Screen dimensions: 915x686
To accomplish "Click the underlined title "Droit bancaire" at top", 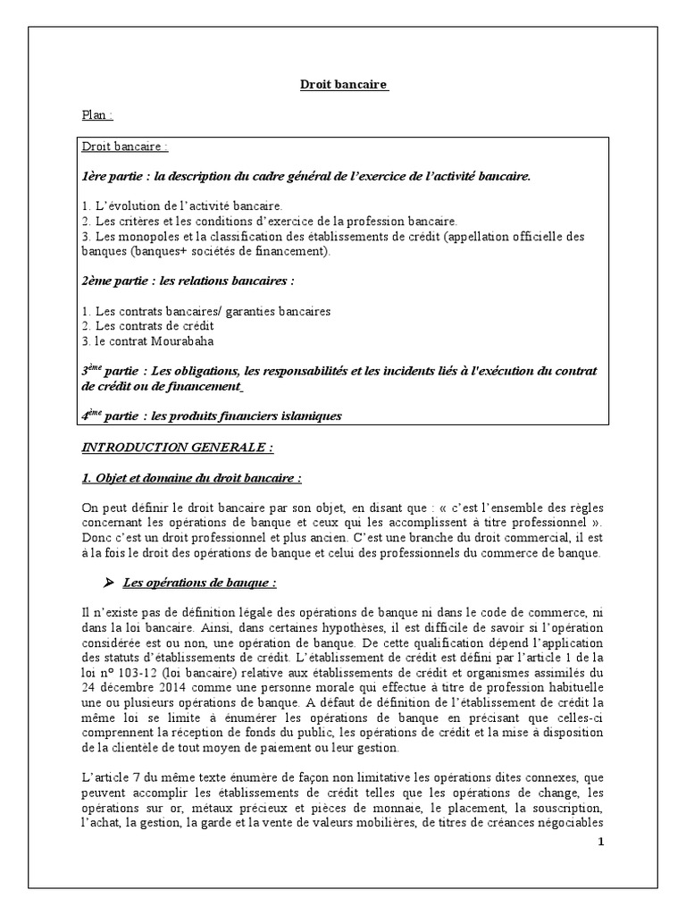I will point(343,85).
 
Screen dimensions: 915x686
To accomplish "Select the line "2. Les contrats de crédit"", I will point(141,325).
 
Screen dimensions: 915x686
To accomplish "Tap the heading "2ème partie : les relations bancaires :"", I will point(188,281).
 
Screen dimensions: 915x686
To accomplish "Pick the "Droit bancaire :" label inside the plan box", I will point(125,147).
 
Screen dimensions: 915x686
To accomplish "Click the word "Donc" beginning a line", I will point(96,538).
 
